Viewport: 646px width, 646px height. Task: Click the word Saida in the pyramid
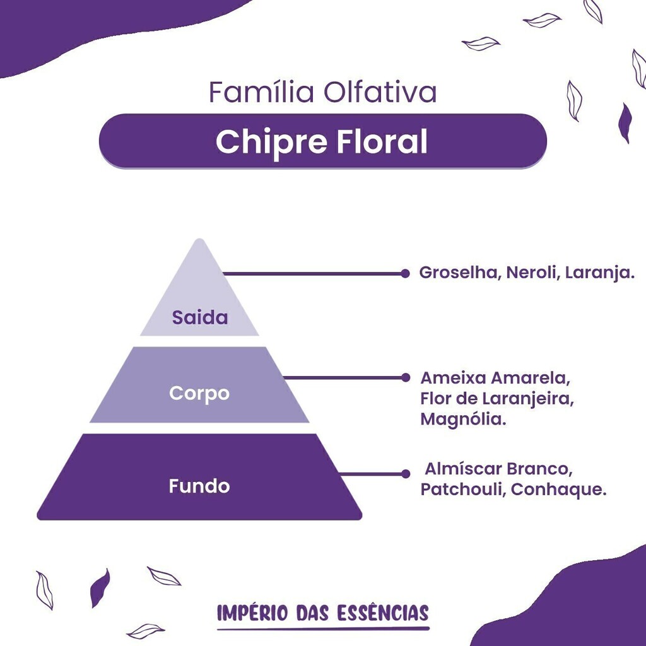coord(199,318)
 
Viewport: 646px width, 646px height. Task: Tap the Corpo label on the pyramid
coord(199,394)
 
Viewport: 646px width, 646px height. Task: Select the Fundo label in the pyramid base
coord(199,486)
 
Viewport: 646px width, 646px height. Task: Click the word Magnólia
coord(463,419)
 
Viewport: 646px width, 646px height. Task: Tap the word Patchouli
coord(463,489)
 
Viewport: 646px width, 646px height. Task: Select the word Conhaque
coord(559,490)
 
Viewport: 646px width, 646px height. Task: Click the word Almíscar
coord(463,469)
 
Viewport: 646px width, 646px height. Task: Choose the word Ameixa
coord(453,378)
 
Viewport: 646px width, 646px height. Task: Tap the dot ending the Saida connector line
coord(406,273)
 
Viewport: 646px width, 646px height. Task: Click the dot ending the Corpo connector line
coord(406,377)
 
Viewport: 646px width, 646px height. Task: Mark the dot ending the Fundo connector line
coord(406,474)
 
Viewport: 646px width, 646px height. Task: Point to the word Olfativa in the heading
coord(380,92)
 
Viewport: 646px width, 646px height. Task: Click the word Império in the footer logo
coord(252,613)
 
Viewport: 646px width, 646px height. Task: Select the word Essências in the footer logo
coord(383,613)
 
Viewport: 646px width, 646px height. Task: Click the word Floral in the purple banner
coord(383,141)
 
